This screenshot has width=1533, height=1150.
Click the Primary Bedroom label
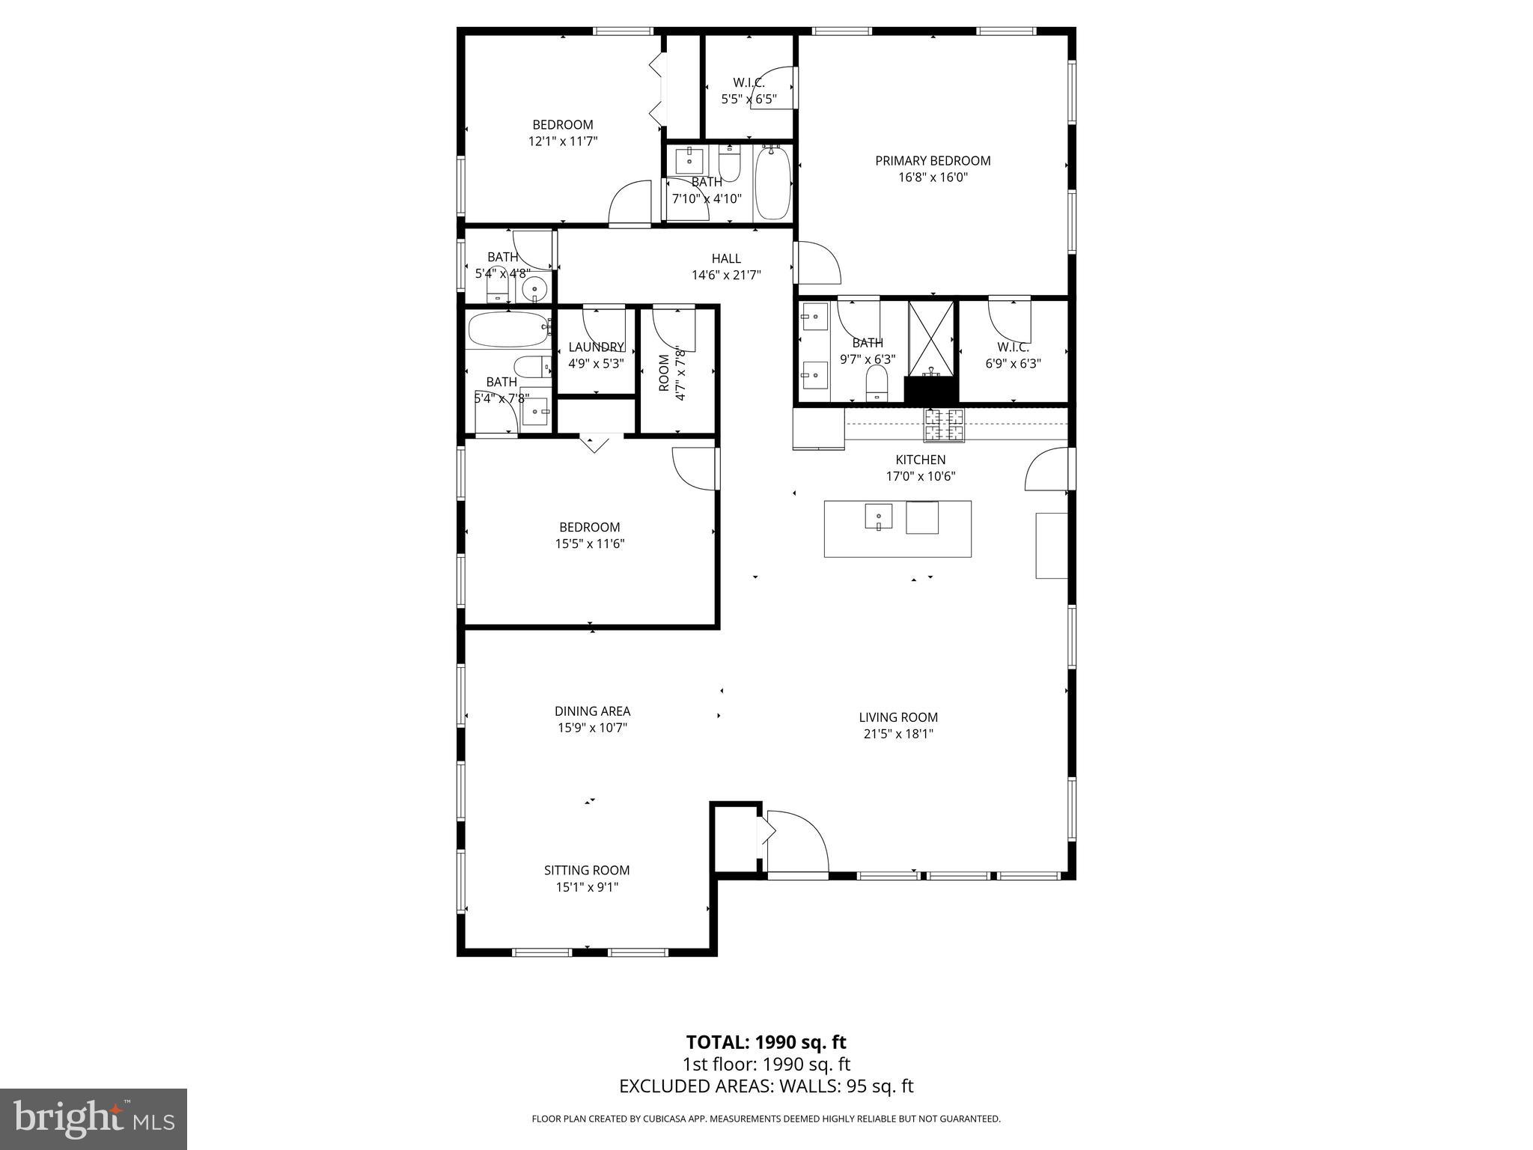pyautogui.click(x=933, y=160)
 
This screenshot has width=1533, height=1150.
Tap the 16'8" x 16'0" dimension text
pyautogui.click(x=933, y=177)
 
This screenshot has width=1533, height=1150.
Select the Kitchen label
pyautogui.click(x=920, y=460)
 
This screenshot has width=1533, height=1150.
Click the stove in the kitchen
pyautogui.click(x=944, y=426)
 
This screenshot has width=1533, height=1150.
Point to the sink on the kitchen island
pyautogui.click(x=878, y=516)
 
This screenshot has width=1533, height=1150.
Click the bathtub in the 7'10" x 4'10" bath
pyautogui.click(x=772, y=183)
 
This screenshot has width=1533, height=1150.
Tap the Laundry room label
pyautogui.click(x=596, y=347)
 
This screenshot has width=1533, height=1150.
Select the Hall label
pyautogui.click(x=726, y=258)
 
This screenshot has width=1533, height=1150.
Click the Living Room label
pyautogui.click(x=898, y=717)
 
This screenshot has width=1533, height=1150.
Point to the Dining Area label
pyautogui.click(x=592, y=711)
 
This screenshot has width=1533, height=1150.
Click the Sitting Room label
pyautogui.click(x=587, y=870)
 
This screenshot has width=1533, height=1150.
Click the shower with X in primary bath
pyautogui.click(x=931, y=338)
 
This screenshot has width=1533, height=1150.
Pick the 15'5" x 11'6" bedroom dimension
pyautogui.click(x=589, y=544)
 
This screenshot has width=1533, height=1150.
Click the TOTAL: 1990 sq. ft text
pyautogui.click(x=766, y=1042)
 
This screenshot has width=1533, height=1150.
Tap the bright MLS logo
pyautogui.click(x=94, y=1119)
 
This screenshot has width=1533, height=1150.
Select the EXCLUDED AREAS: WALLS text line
pyautogui.click(x=766, y=1086)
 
